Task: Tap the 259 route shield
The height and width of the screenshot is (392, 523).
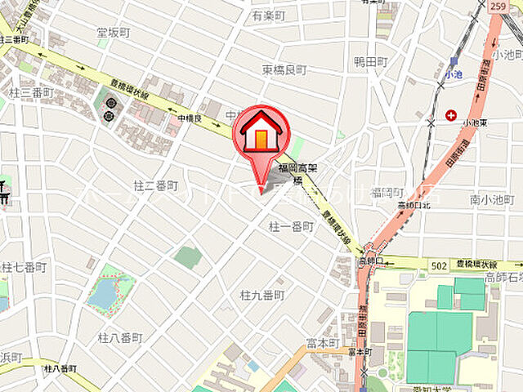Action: (497, 7)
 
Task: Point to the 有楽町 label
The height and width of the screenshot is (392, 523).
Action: (269, 16)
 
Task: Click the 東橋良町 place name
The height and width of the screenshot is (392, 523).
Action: (284, 70)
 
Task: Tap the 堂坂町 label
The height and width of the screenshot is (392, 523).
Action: (113, 33)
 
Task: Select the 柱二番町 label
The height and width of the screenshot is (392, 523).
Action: (155, 187)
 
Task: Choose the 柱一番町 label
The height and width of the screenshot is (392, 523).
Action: (290, 226)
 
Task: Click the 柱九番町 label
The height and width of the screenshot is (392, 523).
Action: (262, 294)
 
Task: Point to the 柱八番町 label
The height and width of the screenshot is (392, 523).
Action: (120, 337)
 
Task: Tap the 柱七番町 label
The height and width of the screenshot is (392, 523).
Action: (25, 267)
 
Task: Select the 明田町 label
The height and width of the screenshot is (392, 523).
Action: (370, 62)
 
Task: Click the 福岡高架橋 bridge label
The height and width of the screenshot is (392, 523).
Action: (296, 174)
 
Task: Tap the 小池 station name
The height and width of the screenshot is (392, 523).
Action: (454, 74)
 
